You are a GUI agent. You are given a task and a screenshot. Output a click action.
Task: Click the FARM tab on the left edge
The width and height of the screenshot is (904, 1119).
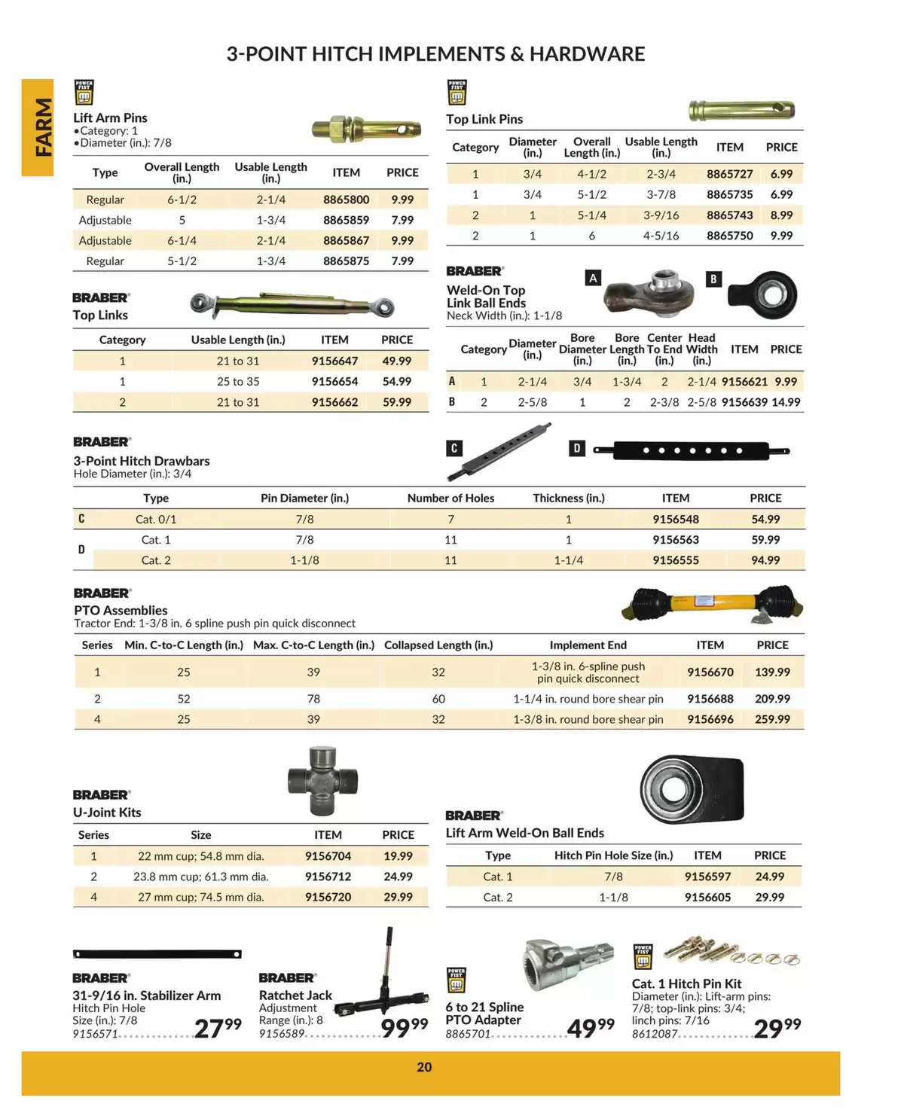click(38, 127)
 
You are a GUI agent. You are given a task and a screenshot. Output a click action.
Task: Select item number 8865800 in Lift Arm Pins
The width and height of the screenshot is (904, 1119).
click(346, 200)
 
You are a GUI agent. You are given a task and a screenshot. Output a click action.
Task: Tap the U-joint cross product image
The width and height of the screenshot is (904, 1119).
click(323, 781)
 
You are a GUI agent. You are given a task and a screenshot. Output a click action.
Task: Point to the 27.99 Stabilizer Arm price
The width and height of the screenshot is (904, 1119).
click(218, 1027)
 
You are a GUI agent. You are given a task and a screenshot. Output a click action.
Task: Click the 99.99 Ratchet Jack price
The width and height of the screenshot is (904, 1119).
click(404, 1027)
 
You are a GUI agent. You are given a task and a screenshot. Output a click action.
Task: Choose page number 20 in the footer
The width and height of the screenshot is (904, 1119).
click(424, 1067)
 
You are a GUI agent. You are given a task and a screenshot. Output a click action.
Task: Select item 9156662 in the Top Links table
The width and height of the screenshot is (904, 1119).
click(334, 402)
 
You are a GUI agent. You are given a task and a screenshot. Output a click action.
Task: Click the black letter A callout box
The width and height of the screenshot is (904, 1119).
click(593, 279)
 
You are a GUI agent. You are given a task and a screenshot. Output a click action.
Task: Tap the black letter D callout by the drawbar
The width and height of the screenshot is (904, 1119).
click(576, 449)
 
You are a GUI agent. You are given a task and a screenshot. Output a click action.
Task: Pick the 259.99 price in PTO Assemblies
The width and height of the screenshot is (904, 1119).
click(772, 719)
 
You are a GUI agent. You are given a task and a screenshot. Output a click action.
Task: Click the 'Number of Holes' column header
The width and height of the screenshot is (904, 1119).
click(450, 498)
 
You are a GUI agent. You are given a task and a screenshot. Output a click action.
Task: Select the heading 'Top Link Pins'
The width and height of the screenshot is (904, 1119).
click(484, 119)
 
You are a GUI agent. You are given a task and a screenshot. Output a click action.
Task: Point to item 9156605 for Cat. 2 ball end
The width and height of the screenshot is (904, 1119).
click(707, 897)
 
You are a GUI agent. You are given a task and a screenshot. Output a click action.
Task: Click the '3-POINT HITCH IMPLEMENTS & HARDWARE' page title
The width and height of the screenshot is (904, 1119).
click(435, 54)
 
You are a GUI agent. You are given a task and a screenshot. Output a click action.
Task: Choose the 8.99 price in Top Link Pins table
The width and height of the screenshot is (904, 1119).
click(781, 215)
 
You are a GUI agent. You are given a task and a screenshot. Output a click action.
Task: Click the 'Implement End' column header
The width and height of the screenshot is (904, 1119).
click(588, 645)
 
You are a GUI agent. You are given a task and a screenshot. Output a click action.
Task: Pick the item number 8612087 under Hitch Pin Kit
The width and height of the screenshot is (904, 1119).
click(655, 1034)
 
